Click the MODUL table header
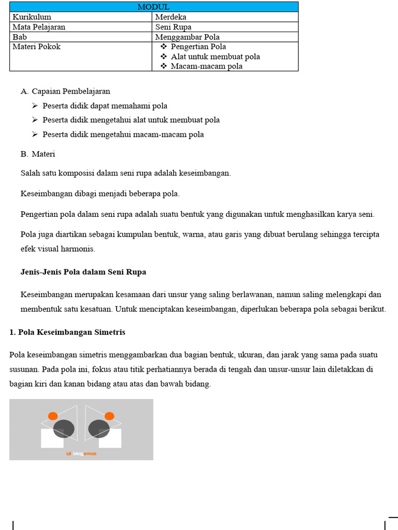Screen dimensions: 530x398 153,7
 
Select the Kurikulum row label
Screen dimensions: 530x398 32,17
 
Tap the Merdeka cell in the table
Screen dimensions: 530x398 170,17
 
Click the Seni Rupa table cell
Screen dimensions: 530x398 173,27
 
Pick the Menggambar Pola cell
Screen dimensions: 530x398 187,37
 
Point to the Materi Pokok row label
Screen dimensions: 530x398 36,47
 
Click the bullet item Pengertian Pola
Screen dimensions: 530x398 198,47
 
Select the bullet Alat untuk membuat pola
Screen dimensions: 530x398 215,56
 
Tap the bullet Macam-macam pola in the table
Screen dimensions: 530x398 206,66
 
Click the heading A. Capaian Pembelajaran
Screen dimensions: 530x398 65,91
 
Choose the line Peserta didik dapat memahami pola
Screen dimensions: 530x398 105,106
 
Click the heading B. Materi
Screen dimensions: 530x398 38,154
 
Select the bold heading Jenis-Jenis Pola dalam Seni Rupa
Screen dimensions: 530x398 83,272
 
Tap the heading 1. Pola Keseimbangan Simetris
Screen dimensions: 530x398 67,332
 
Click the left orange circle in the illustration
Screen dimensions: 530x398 53,416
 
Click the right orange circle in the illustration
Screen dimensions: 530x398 109,416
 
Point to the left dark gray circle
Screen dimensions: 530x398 64,429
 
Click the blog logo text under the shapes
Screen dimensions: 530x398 81,454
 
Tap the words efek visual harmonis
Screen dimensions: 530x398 58,248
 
